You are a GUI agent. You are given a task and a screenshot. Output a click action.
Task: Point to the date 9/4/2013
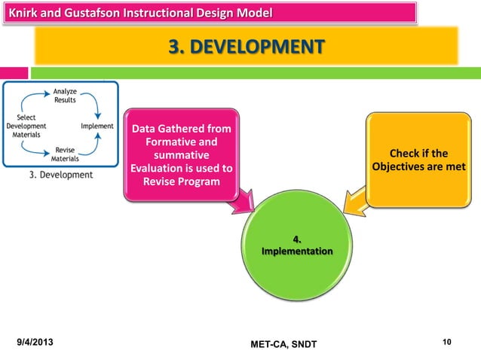38,343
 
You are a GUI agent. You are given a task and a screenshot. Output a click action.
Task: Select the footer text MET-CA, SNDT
283,344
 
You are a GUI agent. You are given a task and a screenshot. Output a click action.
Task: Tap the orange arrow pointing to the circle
353,201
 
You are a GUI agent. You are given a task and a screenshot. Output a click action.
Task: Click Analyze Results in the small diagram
64,96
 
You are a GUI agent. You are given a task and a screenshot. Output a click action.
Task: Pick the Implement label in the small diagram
97,127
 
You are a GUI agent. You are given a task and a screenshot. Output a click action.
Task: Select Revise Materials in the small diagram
65,154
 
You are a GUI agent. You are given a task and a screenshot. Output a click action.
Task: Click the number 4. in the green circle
296,240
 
